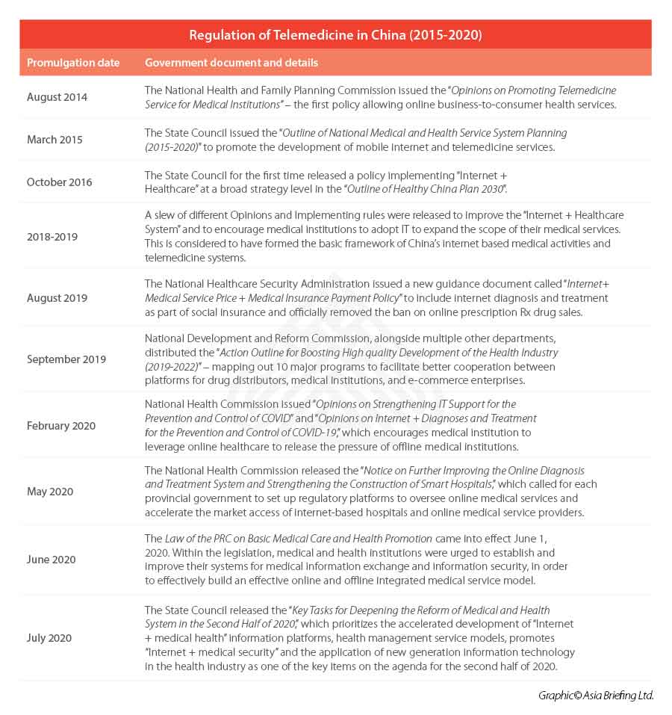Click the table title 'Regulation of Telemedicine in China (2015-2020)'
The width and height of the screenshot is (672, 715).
pos(335,35)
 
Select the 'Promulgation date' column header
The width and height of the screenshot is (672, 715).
pos(73,63)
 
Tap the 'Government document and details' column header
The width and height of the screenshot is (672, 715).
pos(231,63)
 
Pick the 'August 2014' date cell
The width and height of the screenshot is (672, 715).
pos(57,97)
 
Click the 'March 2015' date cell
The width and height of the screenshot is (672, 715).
pos(55,140)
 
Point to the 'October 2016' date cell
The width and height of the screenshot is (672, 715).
pos(60,182)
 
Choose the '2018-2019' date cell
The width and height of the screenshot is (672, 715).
pos(52,237)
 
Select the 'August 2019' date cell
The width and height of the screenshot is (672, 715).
pos(57,298)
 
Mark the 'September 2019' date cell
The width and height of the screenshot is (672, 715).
pos(66,359)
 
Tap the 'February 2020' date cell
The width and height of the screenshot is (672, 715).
pos(61,426)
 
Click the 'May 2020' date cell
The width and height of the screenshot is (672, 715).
pos(50,492)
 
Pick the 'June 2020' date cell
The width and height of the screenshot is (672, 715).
pos(52,560)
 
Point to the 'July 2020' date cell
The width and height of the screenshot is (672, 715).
pos(50,638)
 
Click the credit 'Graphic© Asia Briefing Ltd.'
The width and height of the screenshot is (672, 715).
pos(596,696)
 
